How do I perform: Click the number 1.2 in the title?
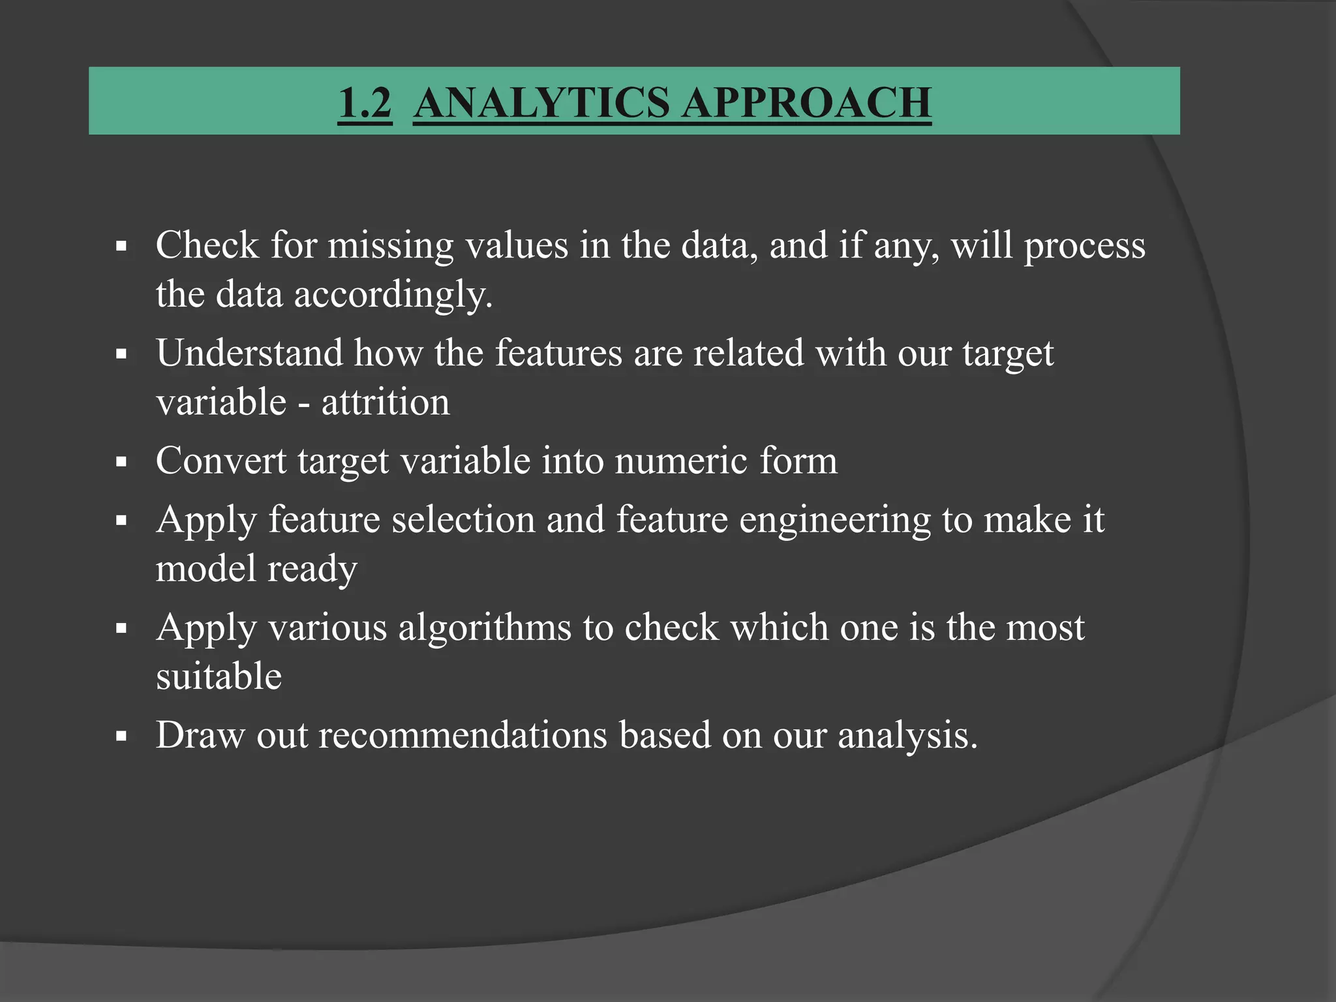pos(365,102)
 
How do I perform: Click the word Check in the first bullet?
pos(207,245)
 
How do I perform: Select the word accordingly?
pos(393,295)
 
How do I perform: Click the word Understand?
pos(249,353)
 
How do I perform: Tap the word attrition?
pos(386,402)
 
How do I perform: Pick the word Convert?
pos(221,461)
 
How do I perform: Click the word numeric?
pos(681,461)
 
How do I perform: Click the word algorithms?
pos(485,628)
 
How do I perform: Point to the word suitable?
pos(219,676)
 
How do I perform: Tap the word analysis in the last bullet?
pos(907,736)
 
